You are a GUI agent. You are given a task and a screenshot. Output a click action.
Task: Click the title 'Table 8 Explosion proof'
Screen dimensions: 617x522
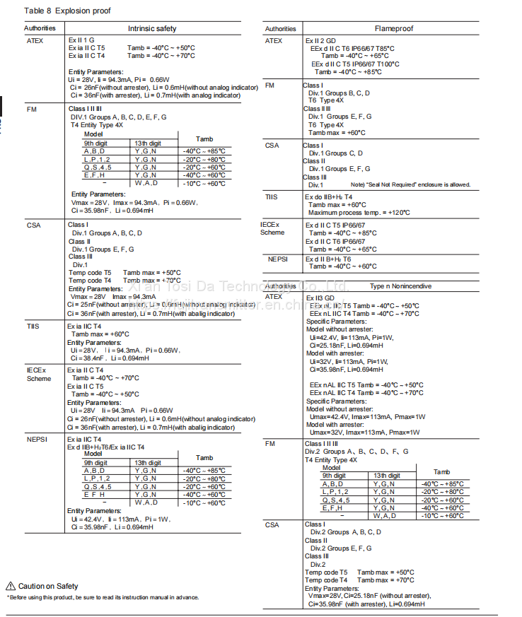pos(67,11)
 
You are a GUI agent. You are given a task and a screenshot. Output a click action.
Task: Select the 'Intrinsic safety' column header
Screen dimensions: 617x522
pos(151,29)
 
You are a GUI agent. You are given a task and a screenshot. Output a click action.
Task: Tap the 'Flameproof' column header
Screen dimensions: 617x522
pos(393,29)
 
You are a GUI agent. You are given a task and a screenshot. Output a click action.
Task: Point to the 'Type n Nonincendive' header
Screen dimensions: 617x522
pos(400,286)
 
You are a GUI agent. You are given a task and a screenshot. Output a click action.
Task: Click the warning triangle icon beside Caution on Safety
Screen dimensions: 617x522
pos(11,586)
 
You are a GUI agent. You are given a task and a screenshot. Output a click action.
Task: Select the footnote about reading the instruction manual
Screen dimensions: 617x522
pos(103,597)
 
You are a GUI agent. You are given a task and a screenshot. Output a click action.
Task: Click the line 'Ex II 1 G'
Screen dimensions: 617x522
pos(81,40)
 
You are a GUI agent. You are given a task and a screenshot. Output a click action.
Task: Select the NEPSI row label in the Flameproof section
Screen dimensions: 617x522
pos(277,259)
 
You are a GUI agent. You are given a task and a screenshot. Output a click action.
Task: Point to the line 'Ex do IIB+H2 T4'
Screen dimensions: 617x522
pos(328,197)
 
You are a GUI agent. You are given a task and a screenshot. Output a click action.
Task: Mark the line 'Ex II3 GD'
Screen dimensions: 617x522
pos(320,298)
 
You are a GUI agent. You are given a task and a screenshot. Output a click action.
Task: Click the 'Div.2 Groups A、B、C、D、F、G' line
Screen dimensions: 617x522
pos(356,452)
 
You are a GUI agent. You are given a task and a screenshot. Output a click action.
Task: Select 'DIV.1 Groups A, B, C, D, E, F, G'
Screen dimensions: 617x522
pos(118,117)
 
